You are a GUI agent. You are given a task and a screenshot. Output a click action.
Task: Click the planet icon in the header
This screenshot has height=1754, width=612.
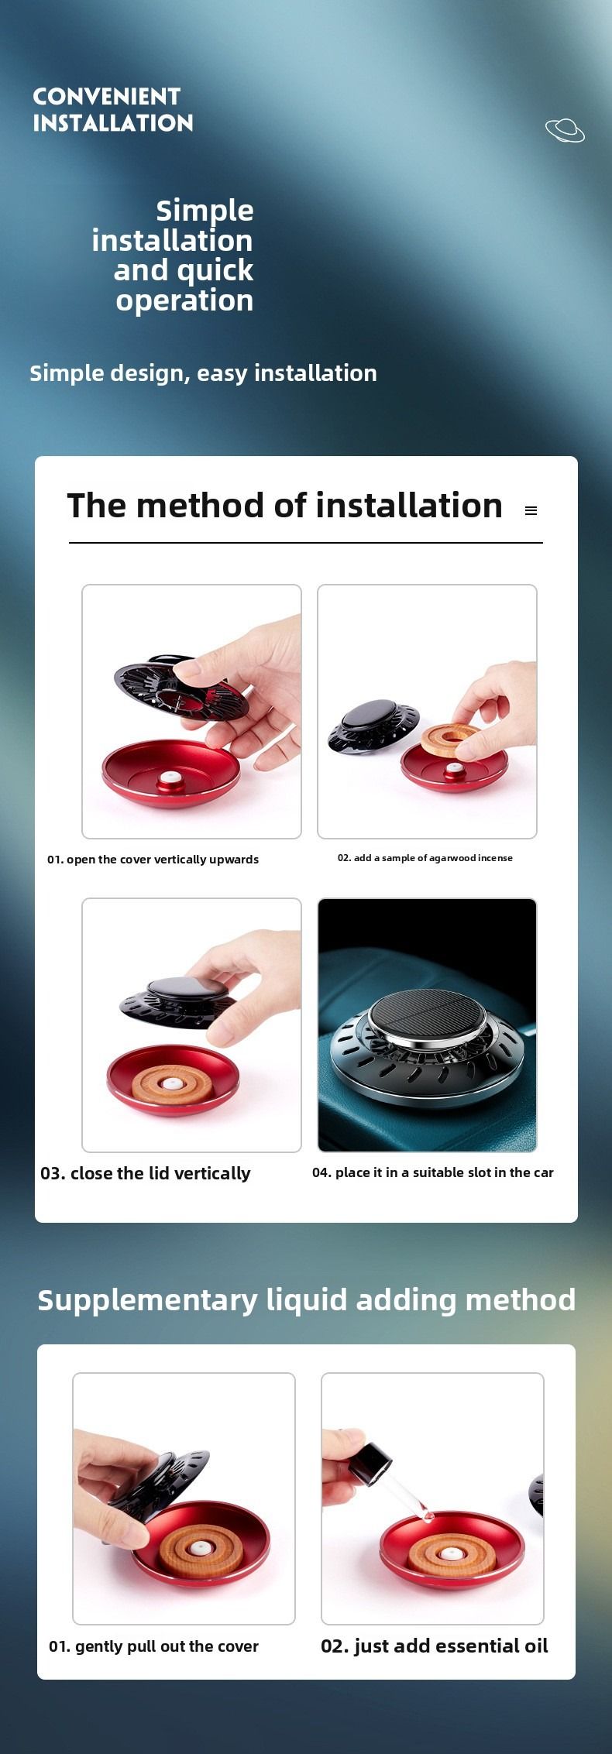[565, 131]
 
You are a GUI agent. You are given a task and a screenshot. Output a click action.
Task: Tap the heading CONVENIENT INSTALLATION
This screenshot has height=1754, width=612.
[112, 109]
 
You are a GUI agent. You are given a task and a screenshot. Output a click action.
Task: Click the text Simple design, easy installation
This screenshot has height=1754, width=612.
[203, 373]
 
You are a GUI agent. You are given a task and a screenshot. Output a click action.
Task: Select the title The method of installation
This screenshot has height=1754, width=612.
[284, 506]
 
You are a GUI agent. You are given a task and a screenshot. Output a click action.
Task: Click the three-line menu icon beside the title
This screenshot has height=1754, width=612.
[531, 511]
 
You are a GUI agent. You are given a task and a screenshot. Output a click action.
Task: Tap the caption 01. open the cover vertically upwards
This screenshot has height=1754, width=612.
[153, 860]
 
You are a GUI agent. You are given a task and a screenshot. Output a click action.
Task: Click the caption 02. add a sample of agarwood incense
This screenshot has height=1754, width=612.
[425, 858]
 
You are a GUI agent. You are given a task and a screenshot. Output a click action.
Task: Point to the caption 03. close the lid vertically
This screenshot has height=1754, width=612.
[145, 1173]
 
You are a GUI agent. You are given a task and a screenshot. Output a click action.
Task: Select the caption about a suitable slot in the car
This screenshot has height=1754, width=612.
[433, 1172]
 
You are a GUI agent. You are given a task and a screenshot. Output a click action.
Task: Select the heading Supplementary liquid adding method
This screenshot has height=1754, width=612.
[307, 1300]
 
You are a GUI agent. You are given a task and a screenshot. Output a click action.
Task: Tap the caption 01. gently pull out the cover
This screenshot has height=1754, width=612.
[153, 1646]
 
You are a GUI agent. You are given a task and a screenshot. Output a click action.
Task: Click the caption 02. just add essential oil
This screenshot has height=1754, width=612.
[435, 1646]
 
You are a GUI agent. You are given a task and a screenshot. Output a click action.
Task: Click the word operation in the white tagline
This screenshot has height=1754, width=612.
[184, 301]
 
